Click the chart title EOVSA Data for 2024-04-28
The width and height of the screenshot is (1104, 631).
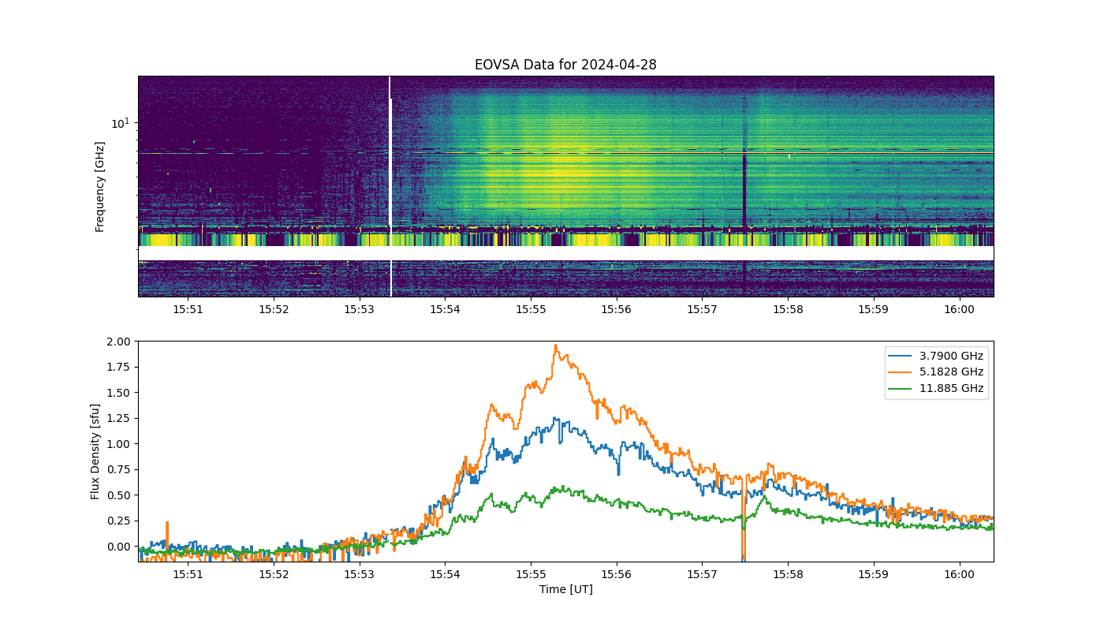tap(565, 65)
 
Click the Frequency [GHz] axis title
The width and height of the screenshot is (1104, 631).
tap(99, 187)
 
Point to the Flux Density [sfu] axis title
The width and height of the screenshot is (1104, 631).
tap(95, 451)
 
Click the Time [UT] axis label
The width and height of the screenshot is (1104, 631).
tap(566, 589)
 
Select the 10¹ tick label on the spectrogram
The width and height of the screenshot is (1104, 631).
tap(121, 123)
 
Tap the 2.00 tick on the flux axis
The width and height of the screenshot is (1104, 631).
tap(118, 342)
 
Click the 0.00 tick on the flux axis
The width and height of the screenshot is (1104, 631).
tap(118, 546)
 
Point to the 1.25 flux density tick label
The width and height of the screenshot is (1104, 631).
tap(118, 418)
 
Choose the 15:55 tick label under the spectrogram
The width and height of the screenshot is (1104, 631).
tap(531, 309)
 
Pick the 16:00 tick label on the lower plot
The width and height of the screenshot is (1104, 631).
tap(959, 574)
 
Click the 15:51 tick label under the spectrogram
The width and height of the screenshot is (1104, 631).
tap(188, 309)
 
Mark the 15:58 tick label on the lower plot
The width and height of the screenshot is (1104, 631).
tap(788, 574)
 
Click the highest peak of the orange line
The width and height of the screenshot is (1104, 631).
tap(556, 345)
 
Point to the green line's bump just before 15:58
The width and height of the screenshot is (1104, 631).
tap(764, 498)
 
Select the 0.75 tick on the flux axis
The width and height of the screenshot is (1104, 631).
tap(118, 469)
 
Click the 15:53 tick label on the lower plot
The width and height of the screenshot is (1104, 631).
tap(360, 574)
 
